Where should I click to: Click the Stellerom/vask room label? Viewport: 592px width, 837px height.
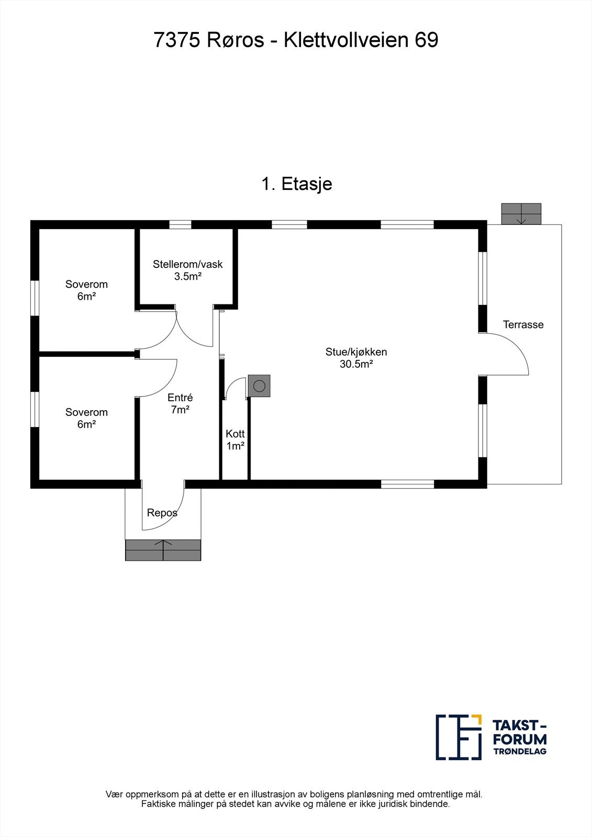click(187, 264)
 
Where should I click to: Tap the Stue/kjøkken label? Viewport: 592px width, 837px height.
click(356, 352)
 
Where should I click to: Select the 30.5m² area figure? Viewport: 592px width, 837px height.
click(356, 365)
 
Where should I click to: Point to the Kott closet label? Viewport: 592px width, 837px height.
click(235, 434)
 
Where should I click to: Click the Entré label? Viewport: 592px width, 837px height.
click(180, 398)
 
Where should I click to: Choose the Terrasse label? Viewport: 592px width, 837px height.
click(523, 324)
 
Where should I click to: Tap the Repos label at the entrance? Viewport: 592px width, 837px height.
click(162, 513)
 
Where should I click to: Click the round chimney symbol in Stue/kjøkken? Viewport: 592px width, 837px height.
click(260, 386)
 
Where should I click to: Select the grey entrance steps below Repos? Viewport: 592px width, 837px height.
click(163, 550)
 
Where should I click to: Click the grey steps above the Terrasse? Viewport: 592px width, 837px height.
click(521, 213)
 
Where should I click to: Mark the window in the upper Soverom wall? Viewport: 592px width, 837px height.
click(35, 298)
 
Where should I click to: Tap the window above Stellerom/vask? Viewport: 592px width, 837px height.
click(181, 225)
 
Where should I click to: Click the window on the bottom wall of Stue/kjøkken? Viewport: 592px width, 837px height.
click(407, 484)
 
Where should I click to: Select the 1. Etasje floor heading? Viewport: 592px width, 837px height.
click(296, 184)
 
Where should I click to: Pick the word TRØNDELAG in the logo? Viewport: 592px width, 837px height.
click(520, 751)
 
